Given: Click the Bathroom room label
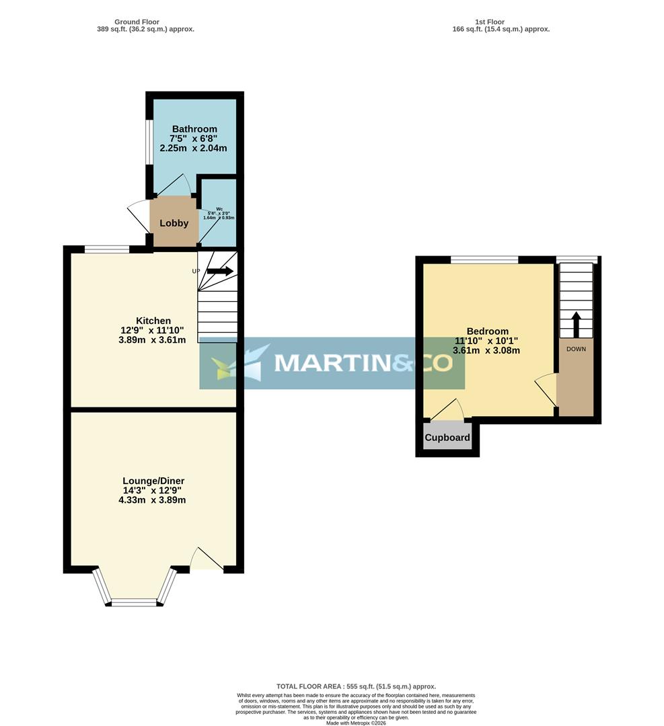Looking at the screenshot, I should tap(194, 129).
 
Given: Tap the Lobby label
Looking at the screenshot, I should tap(174, 223).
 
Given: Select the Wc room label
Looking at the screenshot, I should tap(219, 209).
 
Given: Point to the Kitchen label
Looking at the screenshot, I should tap(153, 321).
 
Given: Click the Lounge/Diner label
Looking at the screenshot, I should tap(153, 481).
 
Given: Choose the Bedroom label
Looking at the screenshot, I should tap(487, 331).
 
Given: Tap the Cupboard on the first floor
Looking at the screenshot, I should tap(447, 438).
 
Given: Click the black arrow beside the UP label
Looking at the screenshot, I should tap(220, 271).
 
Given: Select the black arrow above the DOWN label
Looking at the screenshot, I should tap(576, 324).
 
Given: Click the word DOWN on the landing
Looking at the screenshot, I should tap(576, 349).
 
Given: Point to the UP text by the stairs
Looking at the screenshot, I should tap(196, 272).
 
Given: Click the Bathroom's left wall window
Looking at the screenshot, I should tap(149, 142).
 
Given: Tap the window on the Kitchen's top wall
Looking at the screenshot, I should tap(106, 249).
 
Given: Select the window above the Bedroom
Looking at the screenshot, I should tap(484, 259).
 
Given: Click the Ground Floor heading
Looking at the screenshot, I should tap(137, 22).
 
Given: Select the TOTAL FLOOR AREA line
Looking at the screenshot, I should tap(356, 686).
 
